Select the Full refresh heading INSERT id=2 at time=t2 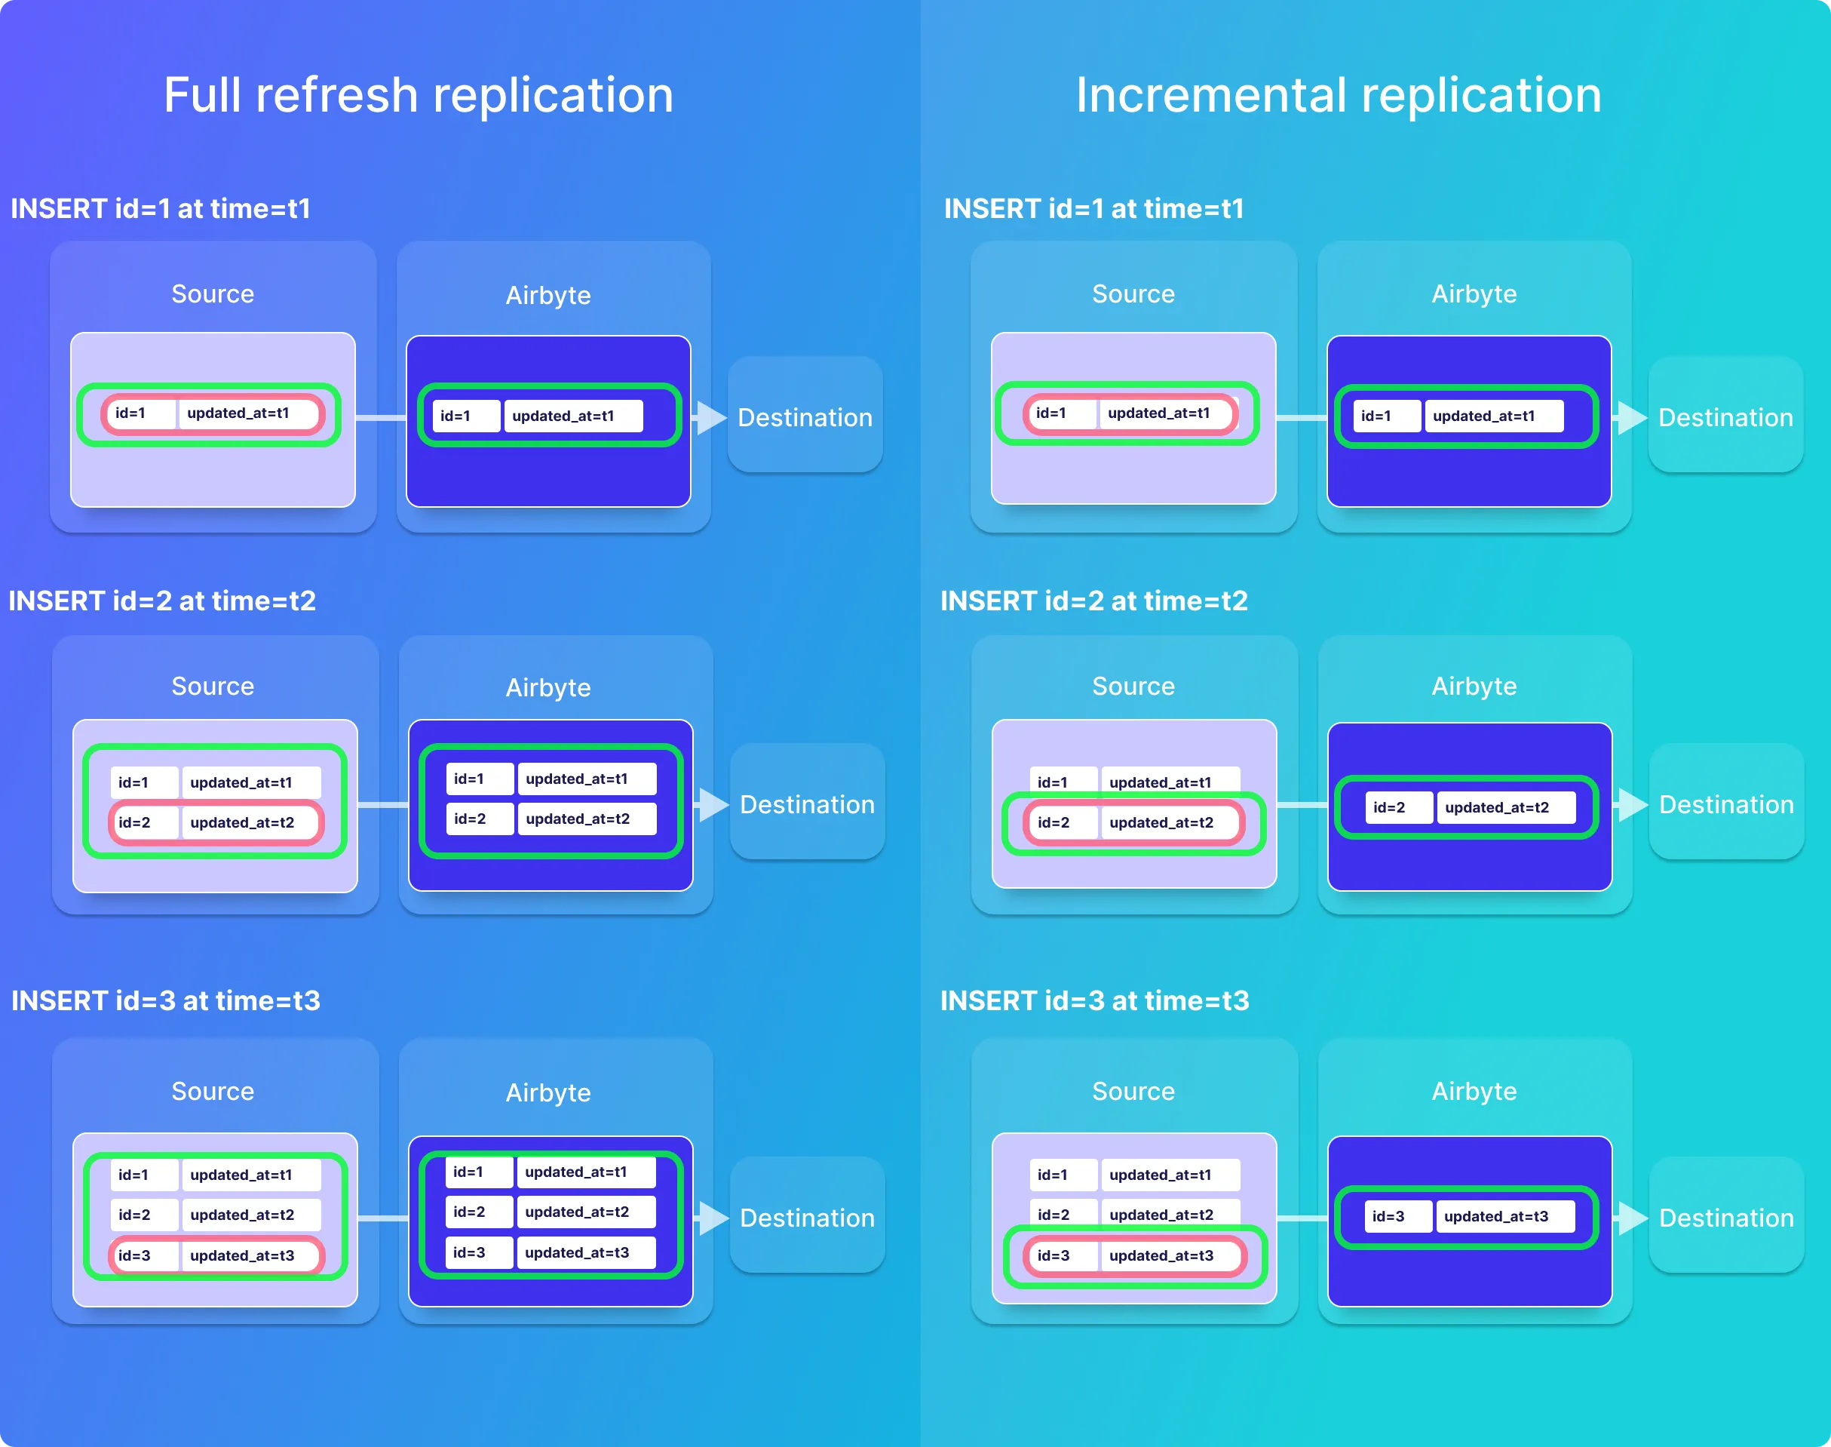point(161,601)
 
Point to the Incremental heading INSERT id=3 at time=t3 point(1094,1000)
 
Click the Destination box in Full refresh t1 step point(805,416)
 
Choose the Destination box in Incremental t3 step point(1726,1217)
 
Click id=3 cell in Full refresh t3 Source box point(136,1255)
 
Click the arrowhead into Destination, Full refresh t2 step point(713,804)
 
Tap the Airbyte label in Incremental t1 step point(1474,294)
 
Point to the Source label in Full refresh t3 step point(213,1091)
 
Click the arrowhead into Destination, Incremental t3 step point(1632,1218)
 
